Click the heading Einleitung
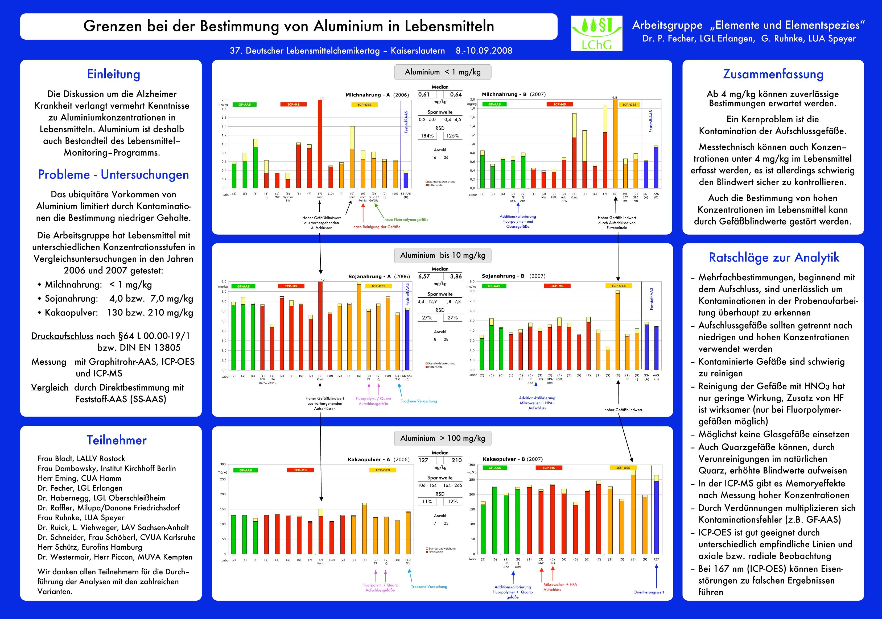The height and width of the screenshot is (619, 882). click(114, 74)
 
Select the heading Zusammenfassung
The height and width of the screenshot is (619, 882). click(773, 74)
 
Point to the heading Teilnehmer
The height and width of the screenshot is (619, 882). click(116, 440)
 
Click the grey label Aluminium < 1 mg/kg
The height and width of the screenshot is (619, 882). click(443, 72)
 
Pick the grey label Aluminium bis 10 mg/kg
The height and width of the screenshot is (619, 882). click(443, 255)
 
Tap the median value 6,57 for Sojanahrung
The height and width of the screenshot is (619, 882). click(424, 276)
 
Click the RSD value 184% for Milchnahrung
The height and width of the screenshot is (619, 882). click(427, 136)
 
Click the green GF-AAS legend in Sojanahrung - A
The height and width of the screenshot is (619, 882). click(243, 286)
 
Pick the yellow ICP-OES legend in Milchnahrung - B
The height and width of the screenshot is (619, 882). click(629, 105)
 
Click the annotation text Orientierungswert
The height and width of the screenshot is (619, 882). click(648, 592)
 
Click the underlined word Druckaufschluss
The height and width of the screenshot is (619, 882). click(62, 336)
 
